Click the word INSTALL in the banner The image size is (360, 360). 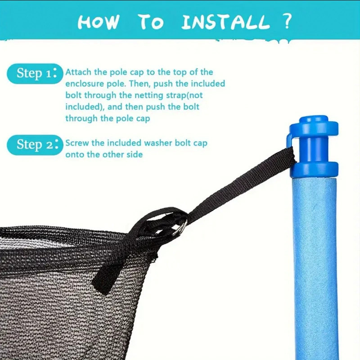tap(225, 22)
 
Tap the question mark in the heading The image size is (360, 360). tap(287, 21)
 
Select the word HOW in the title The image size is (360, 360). tap(99, 22)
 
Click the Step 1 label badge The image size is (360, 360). tap(35, 73)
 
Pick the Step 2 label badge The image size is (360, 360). tap(35, 145)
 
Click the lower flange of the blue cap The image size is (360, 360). tap(315, 169)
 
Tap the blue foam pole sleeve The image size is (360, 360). tap(315, 269)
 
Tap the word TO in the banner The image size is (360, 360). tap(151, 22)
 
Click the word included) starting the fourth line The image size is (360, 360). tap(85, 107)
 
